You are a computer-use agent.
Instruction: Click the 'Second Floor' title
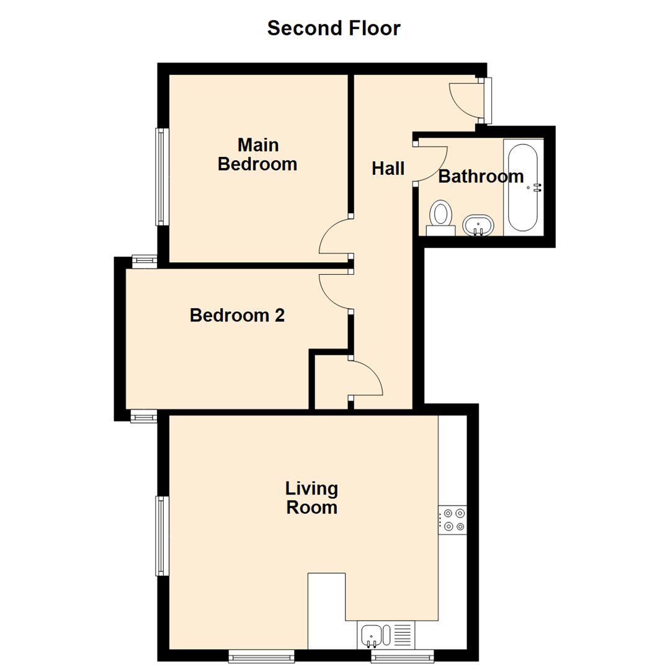pyautogui.click(x=334, y=28)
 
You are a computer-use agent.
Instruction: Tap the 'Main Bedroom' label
pyautogui.click(x=257, y=154)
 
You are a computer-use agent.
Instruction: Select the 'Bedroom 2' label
pyautogui.click(x=237, y=315)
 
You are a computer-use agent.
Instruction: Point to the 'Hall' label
pyautogui.click(x=388, y=168)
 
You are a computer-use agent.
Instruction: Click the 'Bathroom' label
pyautogui.click(x=481, y=176)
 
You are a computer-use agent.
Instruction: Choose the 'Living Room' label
pyautogui.click(x=311, y=498)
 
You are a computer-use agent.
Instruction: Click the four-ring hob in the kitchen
pyautogui.click(x=453, y=520)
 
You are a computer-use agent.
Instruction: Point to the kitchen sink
pyautogui.click(x=372, y=635)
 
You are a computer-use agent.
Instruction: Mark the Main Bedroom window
pyautogui.click(x=162, y=177)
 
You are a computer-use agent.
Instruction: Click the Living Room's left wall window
pyautogui.click(x=162, y=535)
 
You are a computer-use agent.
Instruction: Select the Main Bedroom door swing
pyautogui.click(x=335, y=238)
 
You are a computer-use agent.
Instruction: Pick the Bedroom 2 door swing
pyautogui.click(x=335, y=292)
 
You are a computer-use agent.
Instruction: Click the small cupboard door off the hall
pyautogui.click(x=366, y=377)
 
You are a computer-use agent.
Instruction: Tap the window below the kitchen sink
pyautogui.click(x=402, y=656)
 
